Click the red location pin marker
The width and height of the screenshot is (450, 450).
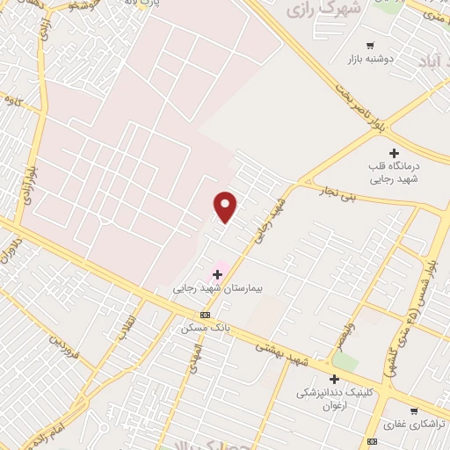tap(226, 207)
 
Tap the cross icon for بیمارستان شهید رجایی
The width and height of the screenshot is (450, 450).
tap(217, 275)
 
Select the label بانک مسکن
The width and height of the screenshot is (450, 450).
tap(205, 327)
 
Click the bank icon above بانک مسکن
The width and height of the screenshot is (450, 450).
tap(206, 315)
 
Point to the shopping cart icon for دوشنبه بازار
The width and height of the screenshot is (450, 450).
tap(370, 46)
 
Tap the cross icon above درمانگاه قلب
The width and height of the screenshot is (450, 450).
tap(394, 153)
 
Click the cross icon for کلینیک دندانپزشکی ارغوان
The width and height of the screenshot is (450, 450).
tap(334, 379)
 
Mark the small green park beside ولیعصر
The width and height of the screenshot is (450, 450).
tap(345, 361)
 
